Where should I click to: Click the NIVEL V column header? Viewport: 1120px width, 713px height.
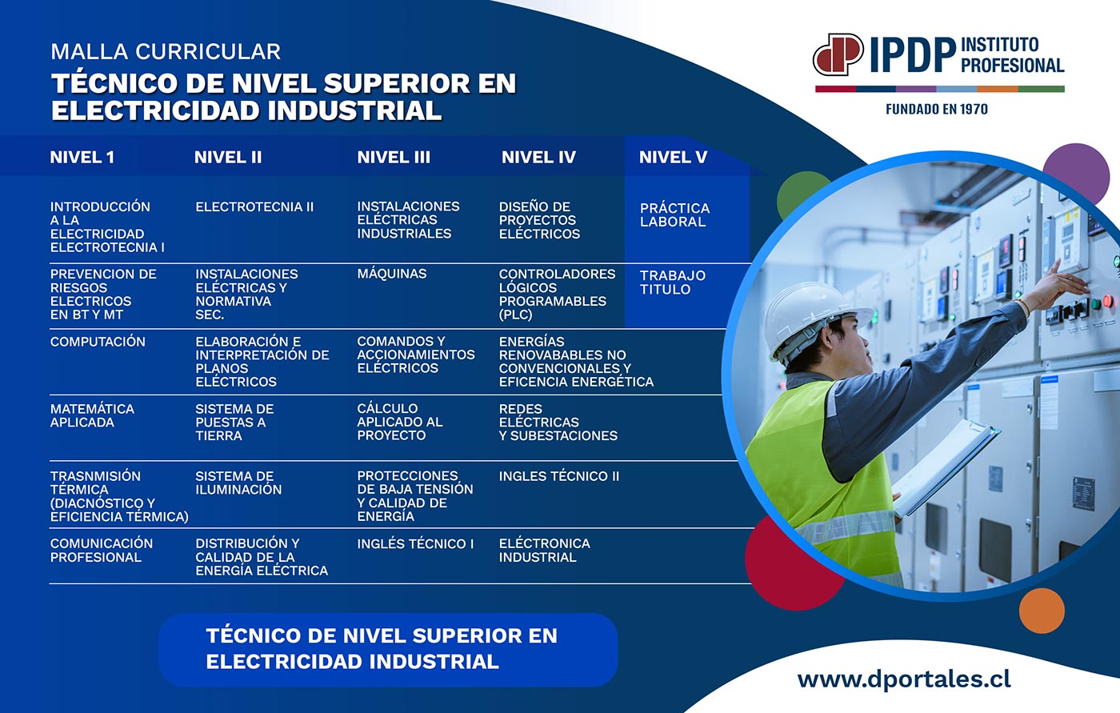click(673, 158)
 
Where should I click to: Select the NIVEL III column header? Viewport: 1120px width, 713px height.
click(394, 158)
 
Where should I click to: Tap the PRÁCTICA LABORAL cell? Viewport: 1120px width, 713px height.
click(674, 215)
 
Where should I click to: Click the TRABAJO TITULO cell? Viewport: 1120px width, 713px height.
click(673, 282)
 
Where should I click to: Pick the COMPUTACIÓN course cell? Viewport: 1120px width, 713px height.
click(98, 342)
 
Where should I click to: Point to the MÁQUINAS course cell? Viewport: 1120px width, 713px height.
click(391, 274)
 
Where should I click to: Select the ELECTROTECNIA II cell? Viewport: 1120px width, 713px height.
click(254, 207)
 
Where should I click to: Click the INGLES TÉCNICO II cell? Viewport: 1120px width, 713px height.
click(559, 476)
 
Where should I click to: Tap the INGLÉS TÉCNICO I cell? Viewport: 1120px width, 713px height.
click(415, 543)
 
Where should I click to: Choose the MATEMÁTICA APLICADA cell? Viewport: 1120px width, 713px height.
click(92, 415)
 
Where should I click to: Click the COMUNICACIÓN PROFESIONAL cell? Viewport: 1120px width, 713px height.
click(102, 550)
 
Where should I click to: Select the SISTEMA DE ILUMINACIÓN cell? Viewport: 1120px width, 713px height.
click(238, 483)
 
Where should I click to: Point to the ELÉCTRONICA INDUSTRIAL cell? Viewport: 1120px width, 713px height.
click(545, 550)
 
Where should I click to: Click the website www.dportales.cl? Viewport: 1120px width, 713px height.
click(904, 679)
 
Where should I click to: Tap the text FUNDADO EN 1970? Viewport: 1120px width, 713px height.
click(937, 109)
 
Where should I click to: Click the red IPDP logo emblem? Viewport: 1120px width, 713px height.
click(838, 54)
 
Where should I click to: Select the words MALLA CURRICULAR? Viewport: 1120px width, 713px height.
click(166, 52)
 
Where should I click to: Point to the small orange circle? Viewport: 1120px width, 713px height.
click(1042, 611)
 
